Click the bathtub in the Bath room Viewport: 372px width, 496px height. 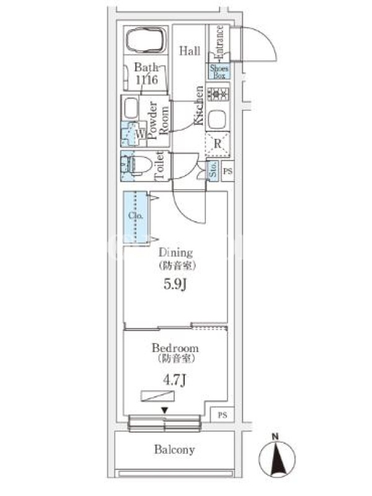click(x=146, y=42)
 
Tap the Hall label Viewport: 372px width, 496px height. click(x=190, y=51)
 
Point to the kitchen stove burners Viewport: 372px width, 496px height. click(x=218, y=95)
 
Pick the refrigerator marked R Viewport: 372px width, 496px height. click(x=218, y=143)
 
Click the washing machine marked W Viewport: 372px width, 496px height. click(x=140, y=132)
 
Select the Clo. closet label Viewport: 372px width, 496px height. click(x=136, y=216)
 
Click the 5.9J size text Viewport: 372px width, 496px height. click(x=177, y=286)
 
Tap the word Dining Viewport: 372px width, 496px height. click(x=176, y=252)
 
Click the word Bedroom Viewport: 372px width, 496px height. click(x=177, y=348)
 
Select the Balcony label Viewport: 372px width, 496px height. click(x=175, y=450)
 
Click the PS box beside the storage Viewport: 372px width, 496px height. click(x=228, y=171)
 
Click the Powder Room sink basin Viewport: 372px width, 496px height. click(x=131, y=110)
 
